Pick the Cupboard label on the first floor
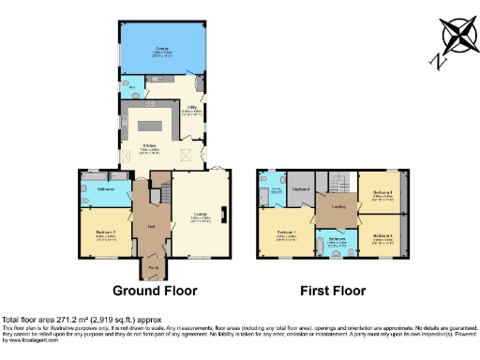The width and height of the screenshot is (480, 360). pyautogui.click(x=301, y=188)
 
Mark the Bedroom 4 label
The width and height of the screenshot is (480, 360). pyautogui.click(x=381, y=192)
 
